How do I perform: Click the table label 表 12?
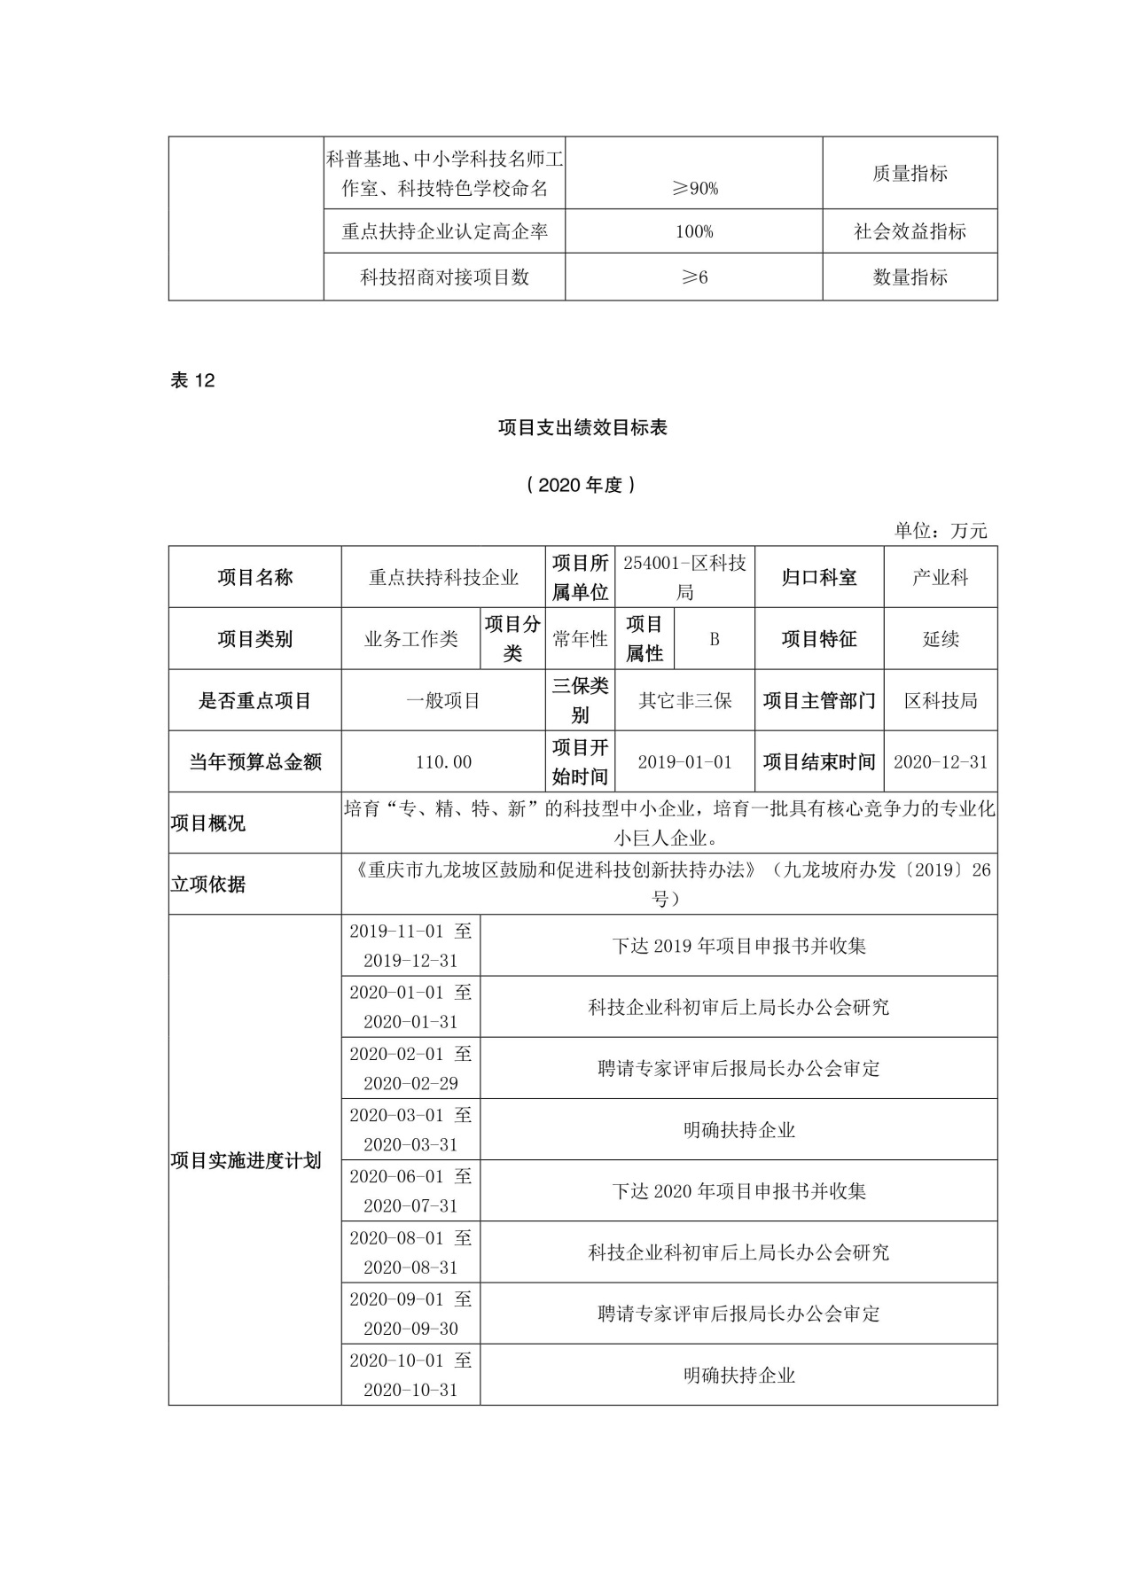192,380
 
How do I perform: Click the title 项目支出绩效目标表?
582,427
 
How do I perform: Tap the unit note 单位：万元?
940,530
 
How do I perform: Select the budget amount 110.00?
443,761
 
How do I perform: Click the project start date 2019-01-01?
684,761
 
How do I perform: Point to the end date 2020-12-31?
940,761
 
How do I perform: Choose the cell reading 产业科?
940,577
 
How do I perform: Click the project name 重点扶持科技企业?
443,577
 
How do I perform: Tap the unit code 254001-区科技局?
684,577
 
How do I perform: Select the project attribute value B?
714,639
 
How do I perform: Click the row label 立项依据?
208,884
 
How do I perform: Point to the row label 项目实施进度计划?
246,1160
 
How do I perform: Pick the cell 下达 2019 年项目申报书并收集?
738,946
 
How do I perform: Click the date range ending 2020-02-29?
410,1068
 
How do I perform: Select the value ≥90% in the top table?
694,188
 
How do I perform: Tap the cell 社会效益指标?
910,231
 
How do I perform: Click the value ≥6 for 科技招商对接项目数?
694,277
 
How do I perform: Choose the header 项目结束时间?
819,761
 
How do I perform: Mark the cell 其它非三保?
684,700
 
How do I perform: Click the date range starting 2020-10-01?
410,1375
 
